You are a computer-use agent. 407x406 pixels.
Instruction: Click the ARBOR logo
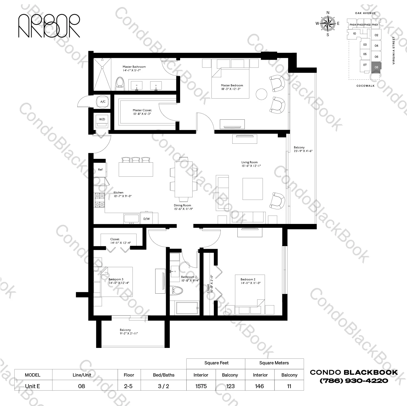49,26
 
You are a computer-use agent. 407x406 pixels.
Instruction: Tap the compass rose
328,24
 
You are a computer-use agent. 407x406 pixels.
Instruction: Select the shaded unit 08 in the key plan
376,68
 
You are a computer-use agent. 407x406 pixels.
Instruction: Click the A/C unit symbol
103,102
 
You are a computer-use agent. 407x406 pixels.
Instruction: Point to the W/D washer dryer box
102,121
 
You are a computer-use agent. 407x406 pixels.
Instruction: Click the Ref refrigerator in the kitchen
100,170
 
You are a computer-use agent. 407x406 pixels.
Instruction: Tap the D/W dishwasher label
147,219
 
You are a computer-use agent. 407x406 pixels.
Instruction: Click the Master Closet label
142,110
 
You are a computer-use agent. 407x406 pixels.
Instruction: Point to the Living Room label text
249,162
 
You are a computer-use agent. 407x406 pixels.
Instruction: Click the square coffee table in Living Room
253,189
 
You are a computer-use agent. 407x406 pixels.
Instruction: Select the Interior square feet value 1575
201,386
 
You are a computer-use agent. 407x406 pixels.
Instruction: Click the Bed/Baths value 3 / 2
163,386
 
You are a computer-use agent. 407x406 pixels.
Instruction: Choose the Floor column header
129,375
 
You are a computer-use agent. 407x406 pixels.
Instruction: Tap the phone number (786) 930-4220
354,381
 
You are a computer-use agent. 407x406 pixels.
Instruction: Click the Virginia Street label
394,51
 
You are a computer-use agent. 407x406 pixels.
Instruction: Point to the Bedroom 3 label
116,279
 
